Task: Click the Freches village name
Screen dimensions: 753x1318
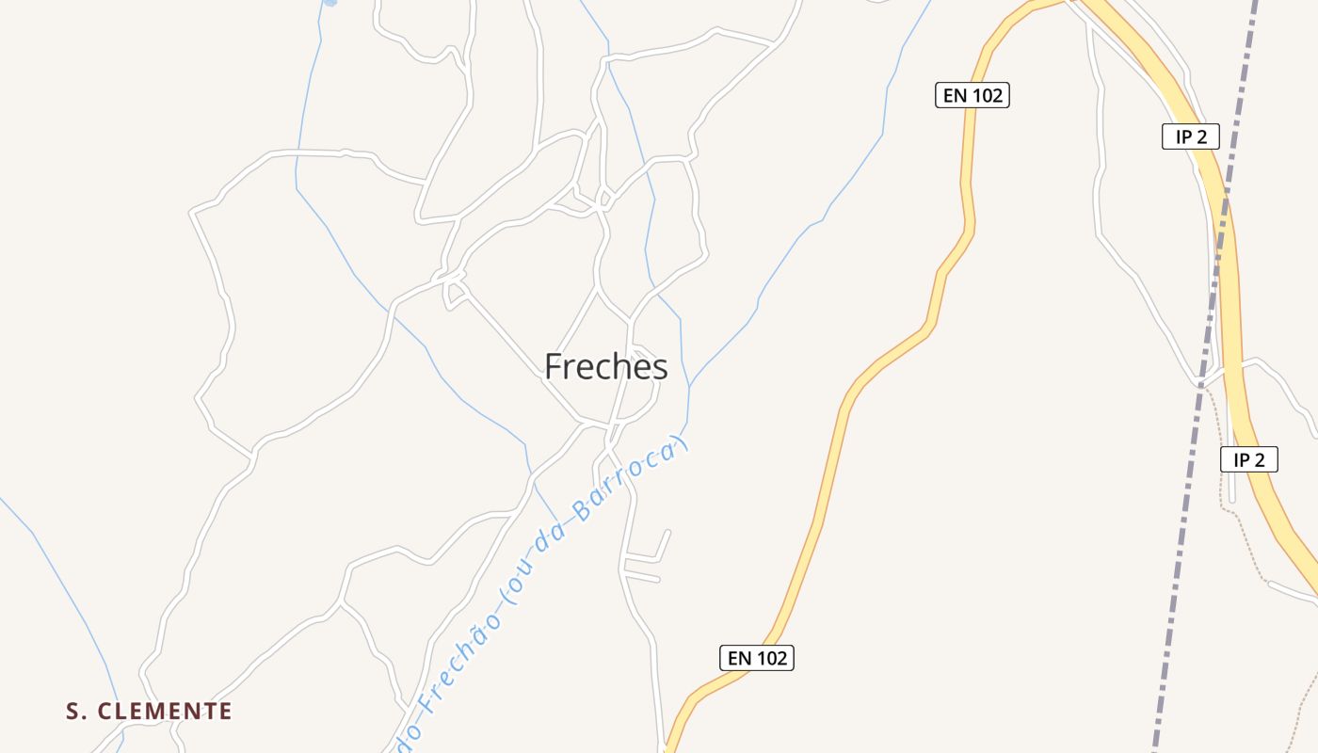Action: [x=606, y=366]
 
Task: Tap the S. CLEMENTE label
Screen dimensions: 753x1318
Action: [x=149, y=711]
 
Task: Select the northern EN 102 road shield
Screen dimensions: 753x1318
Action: [x=972, y=95]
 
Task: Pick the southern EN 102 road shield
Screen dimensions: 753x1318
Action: [x=757, y=658]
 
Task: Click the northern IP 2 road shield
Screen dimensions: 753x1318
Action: [x=1191, y=136]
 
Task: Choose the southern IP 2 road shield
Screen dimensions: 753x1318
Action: [x=1249, y=459]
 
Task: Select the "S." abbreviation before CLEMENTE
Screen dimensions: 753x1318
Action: [x=75, y=711]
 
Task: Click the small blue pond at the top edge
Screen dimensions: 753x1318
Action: [x=329, y=3]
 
